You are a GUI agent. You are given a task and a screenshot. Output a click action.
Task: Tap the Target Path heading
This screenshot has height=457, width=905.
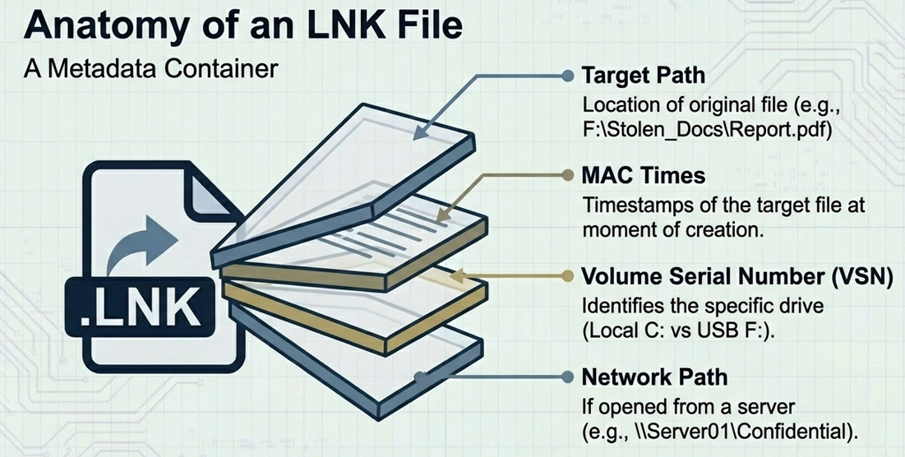pyautogui.click(x=643, y=76)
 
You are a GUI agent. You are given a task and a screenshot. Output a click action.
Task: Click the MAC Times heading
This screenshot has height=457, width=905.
pyautogui.click(x=643, y=175)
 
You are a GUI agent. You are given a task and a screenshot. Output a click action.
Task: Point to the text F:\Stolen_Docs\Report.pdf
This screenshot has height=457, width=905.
pyautogui.click(x=707, y=130)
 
